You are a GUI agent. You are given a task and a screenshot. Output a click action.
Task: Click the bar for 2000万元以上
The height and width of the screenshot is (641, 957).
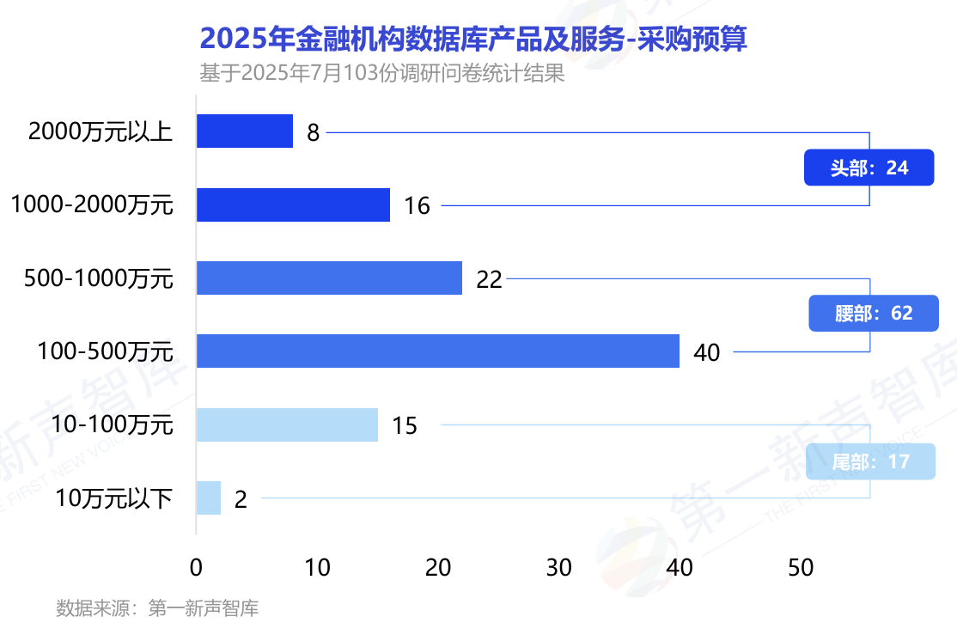tap(245, 131)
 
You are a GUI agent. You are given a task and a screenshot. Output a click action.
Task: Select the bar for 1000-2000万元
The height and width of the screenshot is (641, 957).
tap(293, 205)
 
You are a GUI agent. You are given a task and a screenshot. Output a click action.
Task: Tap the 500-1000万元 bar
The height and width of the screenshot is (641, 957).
tap(329, 278)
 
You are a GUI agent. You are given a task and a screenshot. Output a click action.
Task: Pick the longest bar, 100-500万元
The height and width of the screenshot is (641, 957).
tap(437, 351)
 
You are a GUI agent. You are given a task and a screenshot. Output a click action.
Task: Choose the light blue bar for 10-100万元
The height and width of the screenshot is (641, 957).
tap(287, 424)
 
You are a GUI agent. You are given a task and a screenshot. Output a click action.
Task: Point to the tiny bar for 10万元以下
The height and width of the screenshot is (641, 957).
tap(209, 498)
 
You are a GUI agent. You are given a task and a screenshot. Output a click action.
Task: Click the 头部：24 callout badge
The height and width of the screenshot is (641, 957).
tap(869, 168)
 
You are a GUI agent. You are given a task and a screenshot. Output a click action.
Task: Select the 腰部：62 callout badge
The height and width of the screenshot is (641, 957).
tap(873, 313)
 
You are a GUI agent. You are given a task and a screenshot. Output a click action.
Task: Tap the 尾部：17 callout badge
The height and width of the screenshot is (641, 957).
tap(870, 461)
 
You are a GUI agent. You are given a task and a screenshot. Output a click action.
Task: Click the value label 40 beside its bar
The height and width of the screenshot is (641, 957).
tap(706, 352)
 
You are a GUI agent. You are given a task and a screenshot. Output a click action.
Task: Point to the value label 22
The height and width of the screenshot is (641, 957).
tap(489, 279)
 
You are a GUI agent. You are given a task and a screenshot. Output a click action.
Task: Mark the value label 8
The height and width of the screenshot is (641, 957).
tap(313, 133)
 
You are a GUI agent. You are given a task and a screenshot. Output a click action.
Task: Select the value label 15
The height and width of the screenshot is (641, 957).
tap(404, 426)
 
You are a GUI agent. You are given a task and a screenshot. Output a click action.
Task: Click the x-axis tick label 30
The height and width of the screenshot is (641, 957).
tap(559, 568)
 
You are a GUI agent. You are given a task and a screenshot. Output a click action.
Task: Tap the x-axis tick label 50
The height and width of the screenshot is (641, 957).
tap(801, 568)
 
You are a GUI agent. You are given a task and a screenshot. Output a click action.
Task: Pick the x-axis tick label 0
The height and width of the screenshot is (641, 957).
tap(197, 568)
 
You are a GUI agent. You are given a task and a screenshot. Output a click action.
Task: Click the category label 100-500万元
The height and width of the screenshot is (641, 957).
tap(106, 351)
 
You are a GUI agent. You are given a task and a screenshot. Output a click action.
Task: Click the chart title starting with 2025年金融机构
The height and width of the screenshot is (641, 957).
tap(473, 40)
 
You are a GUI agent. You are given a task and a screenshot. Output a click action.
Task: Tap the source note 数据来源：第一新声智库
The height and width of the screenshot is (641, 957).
tap(157, 609)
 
